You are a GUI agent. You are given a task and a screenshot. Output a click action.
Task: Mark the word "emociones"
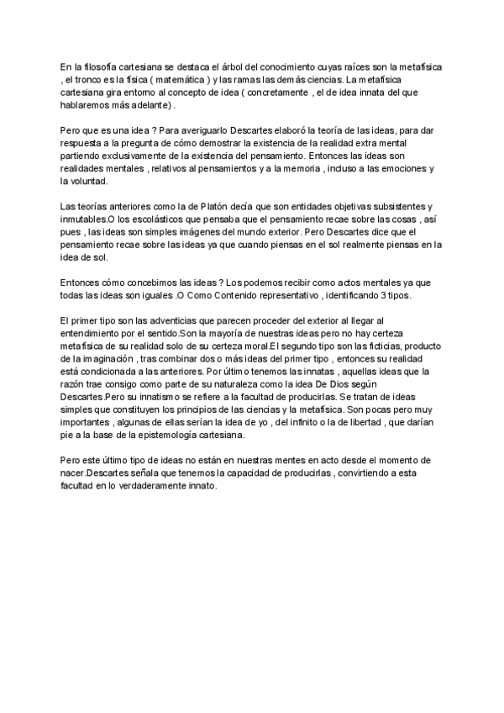click(397, 168)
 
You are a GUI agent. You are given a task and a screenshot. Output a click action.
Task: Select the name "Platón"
click(213, 206)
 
